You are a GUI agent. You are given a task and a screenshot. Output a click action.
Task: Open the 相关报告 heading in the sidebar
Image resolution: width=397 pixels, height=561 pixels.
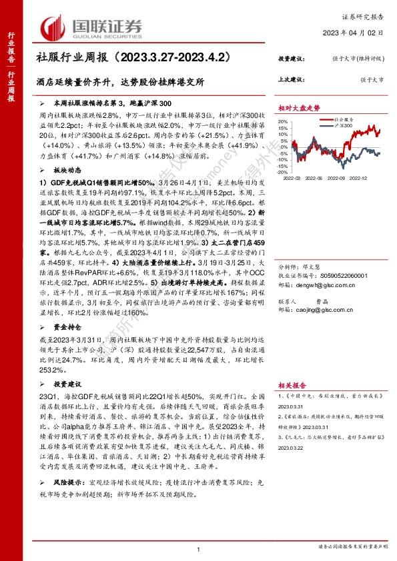[x=293, y=384]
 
